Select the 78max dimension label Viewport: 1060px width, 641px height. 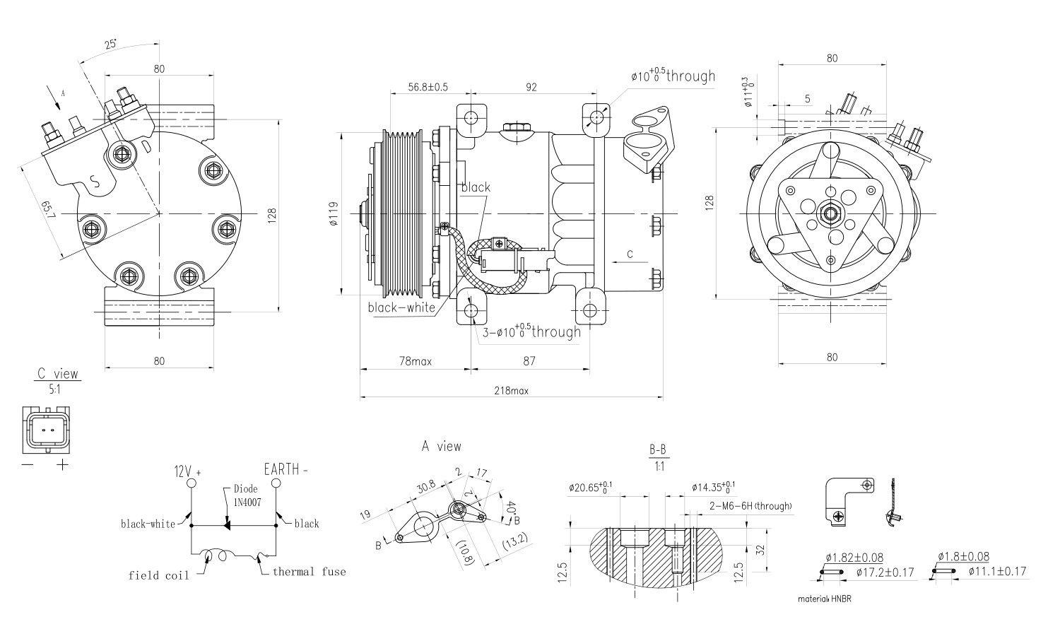pyautogui.click(x=415, y=361)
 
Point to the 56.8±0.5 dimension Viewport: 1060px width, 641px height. pyautogui.click(x=428, y=87)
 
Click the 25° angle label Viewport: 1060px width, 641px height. pyautogui.click(x=111, y=44)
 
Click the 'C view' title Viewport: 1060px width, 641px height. pyautogui.click(x=58, y=374)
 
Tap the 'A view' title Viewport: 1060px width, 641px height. pyautogui.click(x=442, y=446)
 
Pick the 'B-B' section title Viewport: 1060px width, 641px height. pyautogui.click(x=657, y=449)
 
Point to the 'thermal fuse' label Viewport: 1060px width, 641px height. pyautogui.click(x=310, y=571)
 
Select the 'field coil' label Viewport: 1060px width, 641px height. pyautogui.click(x=158, y=575)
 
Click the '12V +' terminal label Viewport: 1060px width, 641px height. pyautogui.click(x=188, y=471)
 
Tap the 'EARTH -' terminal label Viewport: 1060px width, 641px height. pyautogui.click(x=286, y=469)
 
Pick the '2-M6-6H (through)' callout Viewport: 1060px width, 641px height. pyautogui.click(x=750, y=506)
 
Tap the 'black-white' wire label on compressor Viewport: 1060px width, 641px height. pyautogui.click(x=401, y=307)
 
